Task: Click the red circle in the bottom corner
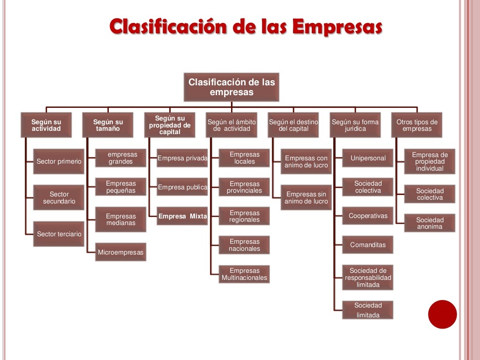pos(442,314)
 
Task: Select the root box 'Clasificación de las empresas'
pos(232,87)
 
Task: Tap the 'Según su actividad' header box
pos(46,125)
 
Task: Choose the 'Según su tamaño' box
pos(108,125)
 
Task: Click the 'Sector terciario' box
pos(59,234)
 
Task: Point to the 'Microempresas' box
pos(120,252)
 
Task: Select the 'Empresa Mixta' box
pos(182,216)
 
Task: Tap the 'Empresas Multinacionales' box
pos(244,274)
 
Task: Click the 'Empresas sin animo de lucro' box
pos(306,197)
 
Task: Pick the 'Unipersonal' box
pos(367,158)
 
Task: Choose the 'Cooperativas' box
pos(367,216)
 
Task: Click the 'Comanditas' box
pos(367,245)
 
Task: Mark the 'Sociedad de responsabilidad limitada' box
pos(367,277)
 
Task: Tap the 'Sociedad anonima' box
pos(430,223)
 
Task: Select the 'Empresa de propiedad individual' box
pos(430,162)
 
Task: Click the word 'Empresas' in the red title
pos(337,27)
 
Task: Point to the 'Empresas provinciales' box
pos(244,187)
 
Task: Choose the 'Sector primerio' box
pos(59,161)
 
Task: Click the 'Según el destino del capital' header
pos(293,125)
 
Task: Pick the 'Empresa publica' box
pos(182,187)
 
